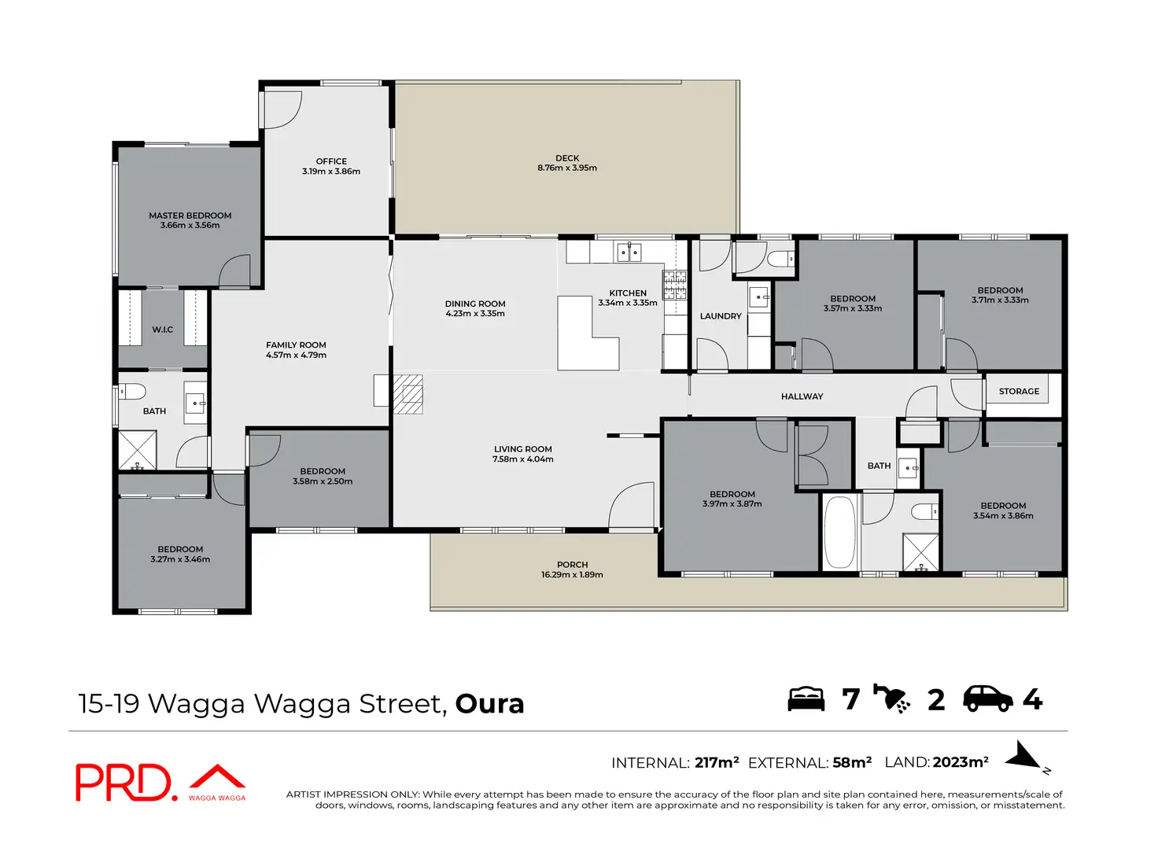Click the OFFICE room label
[x=331, y=161]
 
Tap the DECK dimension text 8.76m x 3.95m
[x=567, y=168]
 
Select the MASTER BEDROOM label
[x=190, y=216]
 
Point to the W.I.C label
[x=162, y=330]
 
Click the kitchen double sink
[x=629, y=252]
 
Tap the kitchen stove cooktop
[x=674, y=285]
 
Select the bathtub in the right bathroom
[x=839, y=532]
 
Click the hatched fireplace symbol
[x=408, y=394]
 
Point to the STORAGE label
[x=1019, y=392]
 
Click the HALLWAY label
[x=802, y=396]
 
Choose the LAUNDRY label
[x=721, y=316]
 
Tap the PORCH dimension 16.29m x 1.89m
[x=572, y=575]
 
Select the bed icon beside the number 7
[x=806, y=699]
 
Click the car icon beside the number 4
[x=988, y=699]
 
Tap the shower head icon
[x=892, y=698]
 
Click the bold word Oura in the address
[x=490, y=704]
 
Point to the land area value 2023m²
[x=961, y=762]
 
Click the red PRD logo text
[x=124, y=782]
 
